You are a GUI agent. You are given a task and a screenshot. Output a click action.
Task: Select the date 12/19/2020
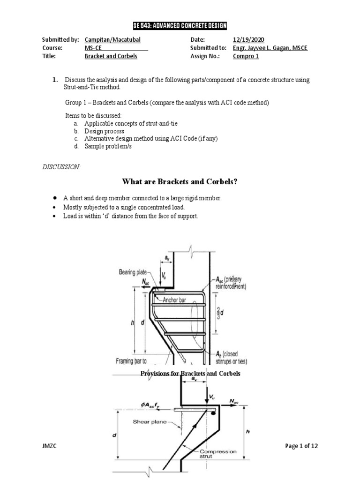251,40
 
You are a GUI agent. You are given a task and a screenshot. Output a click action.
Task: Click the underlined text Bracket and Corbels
111,56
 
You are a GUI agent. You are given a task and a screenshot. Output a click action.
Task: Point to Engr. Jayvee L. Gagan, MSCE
270,48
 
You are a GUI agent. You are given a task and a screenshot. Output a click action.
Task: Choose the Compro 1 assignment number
246,56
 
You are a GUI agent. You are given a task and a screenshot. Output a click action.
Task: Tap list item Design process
104,132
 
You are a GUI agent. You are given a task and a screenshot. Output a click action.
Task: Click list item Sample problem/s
108,146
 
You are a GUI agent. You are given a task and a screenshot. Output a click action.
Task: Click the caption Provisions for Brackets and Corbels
190,374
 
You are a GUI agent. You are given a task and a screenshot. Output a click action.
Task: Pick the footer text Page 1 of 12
301,446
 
